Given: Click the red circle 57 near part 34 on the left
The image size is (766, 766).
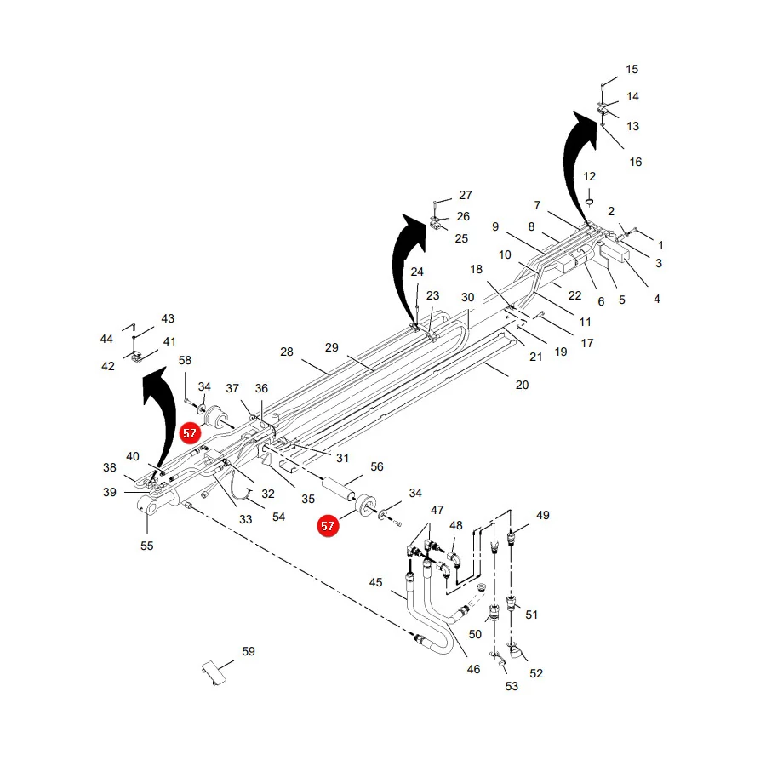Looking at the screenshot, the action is coord(190,433).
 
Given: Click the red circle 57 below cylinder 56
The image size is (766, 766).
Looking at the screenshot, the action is coord(328,526).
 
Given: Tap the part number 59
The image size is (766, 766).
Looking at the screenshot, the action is coord(249,651).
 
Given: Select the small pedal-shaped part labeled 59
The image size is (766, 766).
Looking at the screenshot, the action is coord(214,672).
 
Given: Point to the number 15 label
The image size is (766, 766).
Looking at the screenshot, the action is coord(632,70).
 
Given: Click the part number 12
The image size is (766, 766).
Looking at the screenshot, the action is coord(589,176).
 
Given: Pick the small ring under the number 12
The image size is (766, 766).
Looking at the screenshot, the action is coord(589,202).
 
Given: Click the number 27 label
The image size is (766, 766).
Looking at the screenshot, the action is coord(465,195).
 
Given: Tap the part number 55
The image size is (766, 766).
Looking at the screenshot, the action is coord(146,546).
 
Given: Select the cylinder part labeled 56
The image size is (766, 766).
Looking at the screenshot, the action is coord(337,489).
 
